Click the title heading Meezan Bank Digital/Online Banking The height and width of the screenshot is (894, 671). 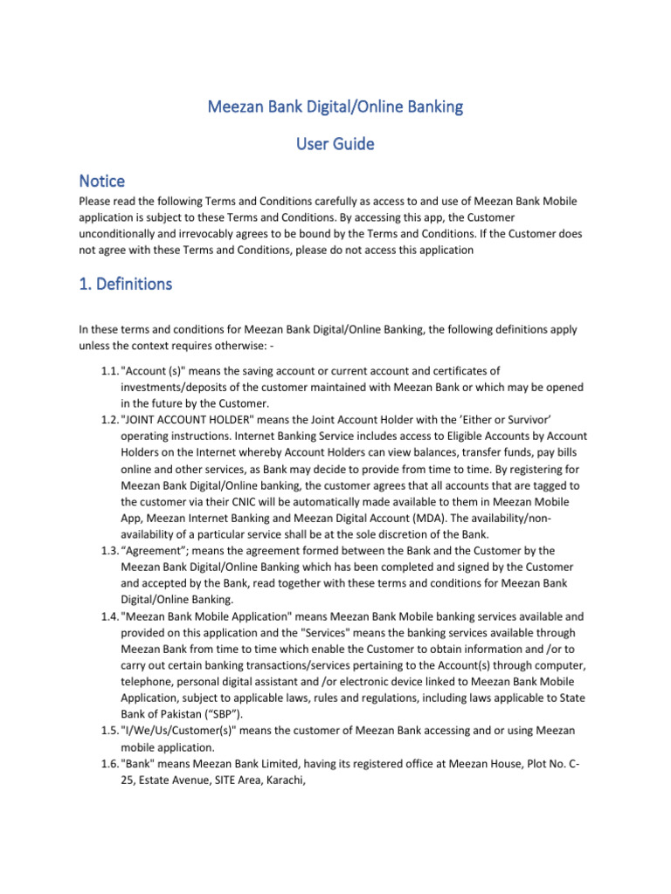(335, 107)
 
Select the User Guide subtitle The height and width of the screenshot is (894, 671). (335, 144)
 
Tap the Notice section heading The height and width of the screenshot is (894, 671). (101, 181)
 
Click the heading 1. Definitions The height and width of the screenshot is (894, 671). (125, 284)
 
